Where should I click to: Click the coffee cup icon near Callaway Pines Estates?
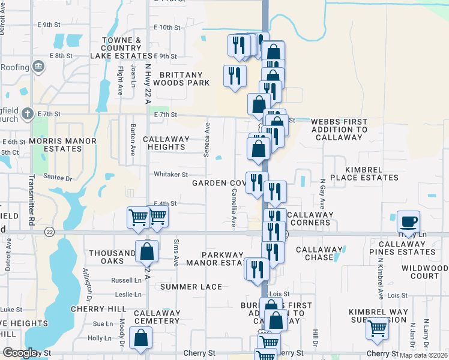click(408, 223)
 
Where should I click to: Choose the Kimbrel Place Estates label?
click(359, 173)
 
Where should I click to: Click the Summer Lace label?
click(191, 287)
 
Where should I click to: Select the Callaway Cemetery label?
click(157, 317)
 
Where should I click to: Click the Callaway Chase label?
click(315, 253)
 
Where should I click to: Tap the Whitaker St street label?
click(171, 175)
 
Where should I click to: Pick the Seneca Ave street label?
click(207, 140)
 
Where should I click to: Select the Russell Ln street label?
click(126, 280)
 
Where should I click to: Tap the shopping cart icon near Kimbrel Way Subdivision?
click(377, 329)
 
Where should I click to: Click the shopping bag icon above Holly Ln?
click(140, 338)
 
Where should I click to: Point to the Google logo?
click(20, 353)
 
